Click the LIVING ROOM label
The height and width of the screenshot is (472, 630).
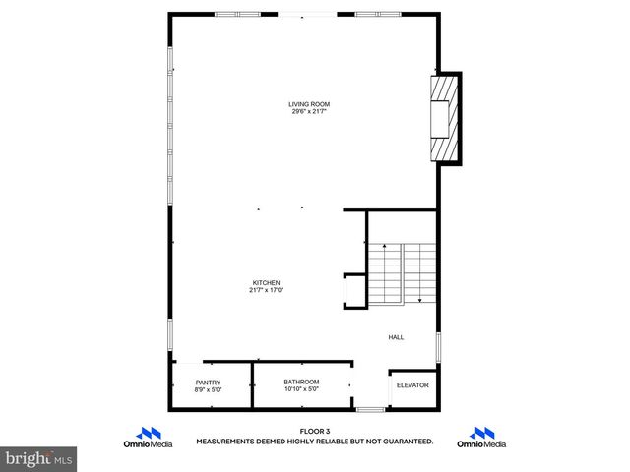click(x=308, y=104)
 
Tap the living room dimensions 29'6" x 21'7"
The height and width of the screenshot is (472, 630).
click(x=308, y=112)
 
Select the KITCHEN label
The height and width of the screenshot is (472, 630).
click(x=267, y=283)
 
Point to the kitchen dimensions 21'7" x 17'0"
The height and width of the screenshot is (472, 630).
click(x=267, y=291)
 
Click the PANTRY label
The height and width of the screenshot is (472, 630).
click(x=208, y=383)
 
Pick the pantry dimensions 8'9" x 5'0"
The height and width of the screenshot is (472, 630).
click(x=208, y=390)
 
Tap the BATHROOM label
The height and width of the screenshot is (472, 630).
click(x=301, y=382)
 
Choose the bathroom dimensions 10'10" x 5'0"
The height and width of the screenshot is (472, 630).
click(x=301, y=389)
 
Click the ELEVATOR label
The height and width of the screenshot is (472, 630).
click(x=412, y=385)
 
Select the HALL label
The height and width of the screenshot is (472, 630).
click(x=396, y=337)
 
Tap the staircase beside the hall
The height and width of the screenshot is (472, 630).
click(x=402, y=272)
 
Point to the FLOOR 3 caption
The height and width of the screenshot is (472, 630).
click(x=315, y=431)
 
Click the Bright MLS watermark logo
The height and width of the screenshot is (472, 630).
click(x=39, y=459)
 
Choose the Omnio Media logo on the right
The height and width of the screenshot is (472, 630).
click(x=481, y=438)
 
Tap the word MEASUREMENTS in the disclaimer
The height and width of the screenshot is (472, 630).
click(x=227, y=442)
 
